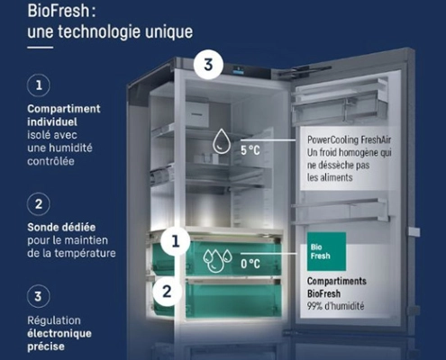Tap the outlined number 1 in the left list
click(39, 86)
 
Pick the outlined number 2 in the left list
click(39, 202)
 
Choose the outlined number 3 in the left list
click(39, 293)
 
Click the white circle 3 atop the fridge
click(208, 66)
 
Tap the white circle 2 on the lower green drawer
click(166, 291)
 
